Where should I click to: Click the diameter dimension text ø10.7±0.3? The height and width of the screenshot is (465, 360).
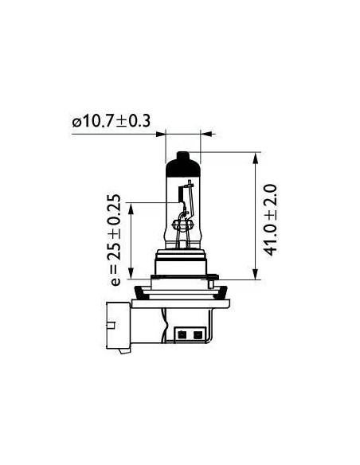click(112, 121)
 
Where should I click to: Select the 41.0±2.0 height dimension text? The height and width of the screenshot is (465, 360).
click(270, 220)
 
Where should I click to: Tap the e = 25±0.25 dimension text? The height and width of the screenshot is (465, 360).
click(114, 240)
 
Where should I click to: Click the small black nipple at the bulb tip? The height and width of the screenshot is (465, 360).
click(182, 155)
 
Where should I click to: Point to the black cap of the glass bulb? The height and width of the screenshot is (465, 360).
click(182, 166)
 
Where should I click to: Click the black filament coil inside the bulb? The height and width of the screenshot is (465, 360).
click(180, 194)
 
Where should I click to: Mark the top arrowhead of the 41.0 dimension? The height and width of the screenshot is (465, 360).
click(256, 158)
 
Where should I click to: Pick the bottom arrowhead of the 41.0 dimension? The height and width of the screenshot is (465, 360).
click(256, 274)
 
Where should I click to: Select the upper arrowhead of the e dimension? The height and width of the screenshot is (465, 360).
click(131, 208)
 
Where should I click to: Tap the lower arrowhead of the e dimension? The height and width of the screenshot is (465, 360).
click(131, 273)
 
